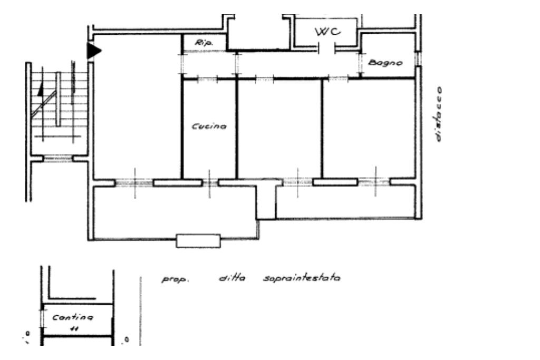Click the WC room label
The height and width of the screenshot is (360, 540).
(327, 32)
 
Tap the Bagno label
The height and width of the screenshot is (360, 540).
(385, 63)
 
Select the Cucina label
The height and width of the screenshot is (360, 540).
(209, 127)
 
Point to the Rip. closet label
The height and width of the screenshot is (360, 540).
(204, 43)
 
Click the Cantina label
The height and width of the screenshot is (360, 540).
(72, 317)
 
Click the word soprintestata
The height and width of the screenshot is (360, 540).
(302, 278)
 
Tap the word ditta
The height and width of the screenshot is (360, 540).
(232, 277)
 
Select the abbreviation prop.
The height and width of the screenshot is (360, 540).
(175, 279)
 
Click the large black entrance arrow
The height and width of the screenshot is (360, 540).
(93, 51)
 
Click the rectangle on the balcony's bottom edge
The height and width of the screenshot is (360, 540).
(198, 241)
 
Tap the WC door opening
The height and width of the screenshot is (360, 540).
(326, 49)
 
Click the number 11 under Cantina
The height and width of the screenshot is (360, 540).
(74, 329)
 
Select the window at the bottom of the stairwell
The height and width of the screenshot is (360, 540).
(58, 159)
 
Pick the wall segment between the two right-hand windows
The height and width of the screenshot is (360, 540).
(335, 182)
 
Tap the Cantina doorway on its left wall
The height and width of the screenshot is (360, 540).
(42, 318)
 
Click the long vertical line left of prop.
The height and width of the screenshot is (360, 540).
(140, 311)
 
